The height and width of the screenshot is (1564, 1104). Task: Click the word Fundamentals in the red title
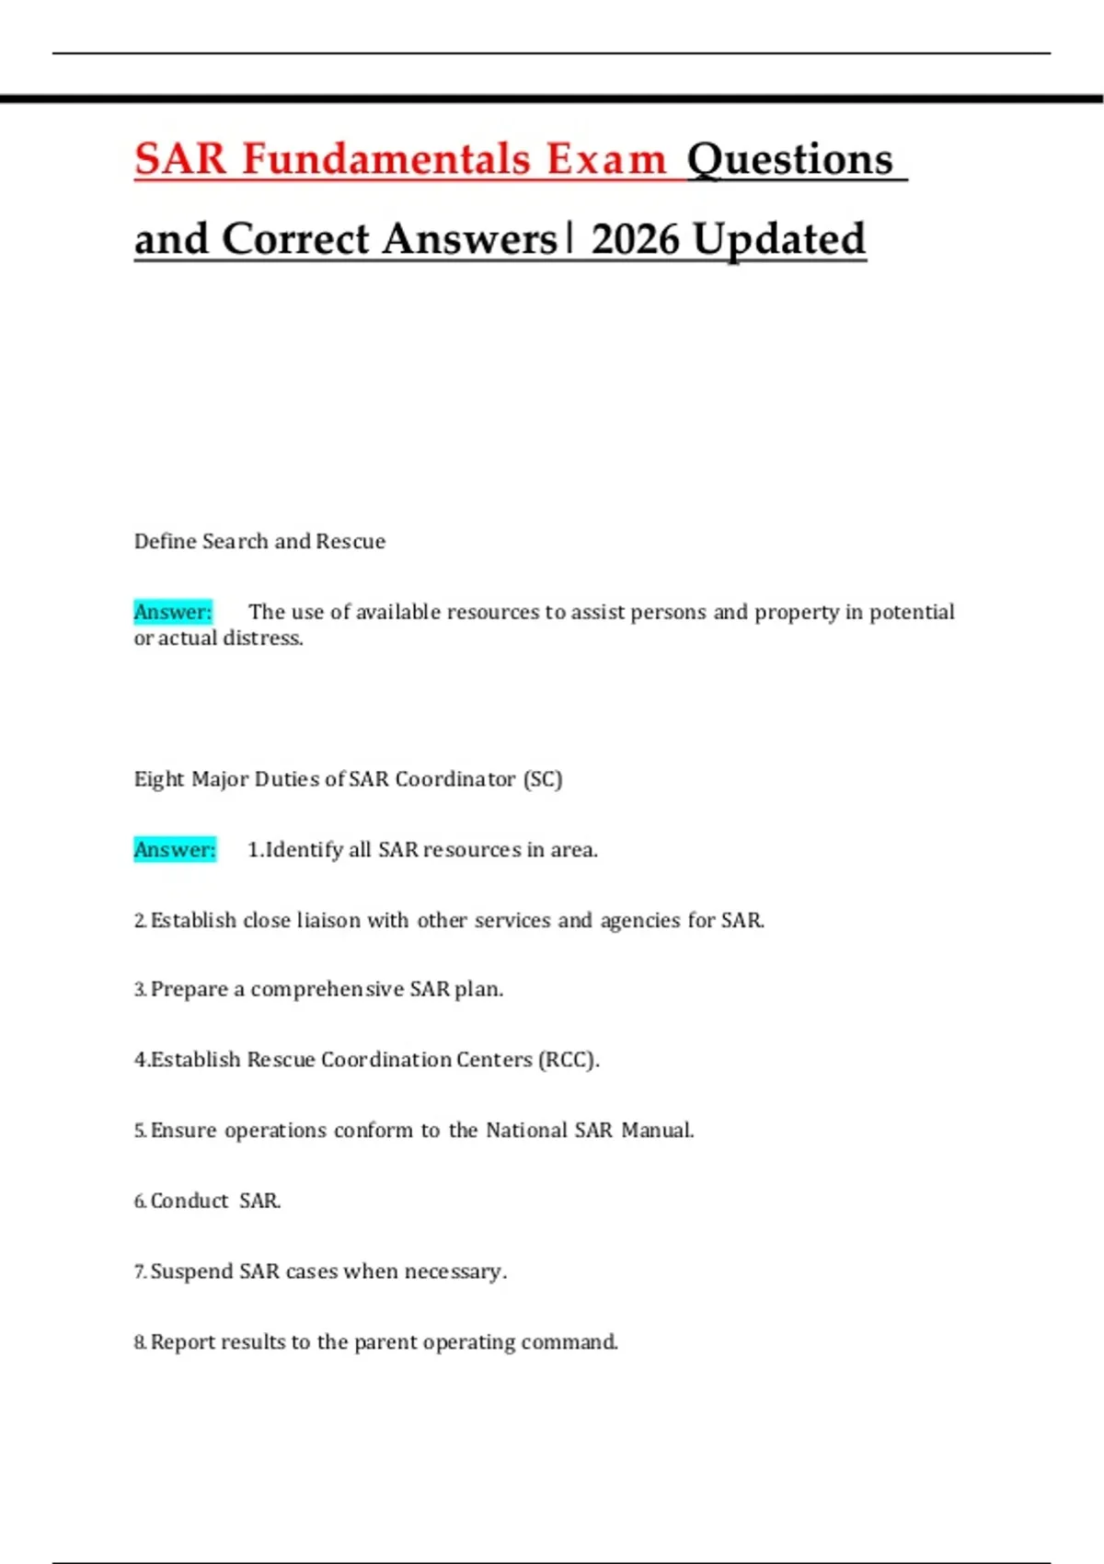coord(386,159)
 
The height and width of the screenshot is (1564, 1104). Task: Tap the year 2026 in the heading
coord(638,239)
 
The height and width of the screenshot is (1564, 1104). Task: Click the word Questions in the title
coord(789,159)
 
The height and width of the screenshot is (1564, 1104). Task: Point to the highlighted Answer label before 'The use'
coord(173,612)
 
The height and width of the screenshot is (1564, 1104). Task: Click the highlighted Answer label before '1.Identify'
coord(175,849)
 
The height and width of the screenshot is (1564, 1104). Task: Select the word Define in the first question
coord(166,541)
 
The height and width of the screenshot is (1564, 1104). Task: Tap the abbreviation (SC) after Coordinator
coord(543,779)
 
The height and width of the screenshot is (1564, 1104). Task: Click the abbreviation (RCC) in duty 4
coord(568,1060)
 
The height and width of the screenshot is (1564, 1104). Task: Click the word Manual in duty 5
coord(657,1130)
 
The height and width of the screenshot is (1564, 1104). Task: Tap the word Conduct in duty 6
coord(190,1201)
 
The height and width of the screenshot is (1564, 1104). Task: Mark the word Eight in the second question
coord(159,779)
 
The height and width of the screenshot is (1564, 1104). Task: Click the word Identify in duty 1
coord(304,849)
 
